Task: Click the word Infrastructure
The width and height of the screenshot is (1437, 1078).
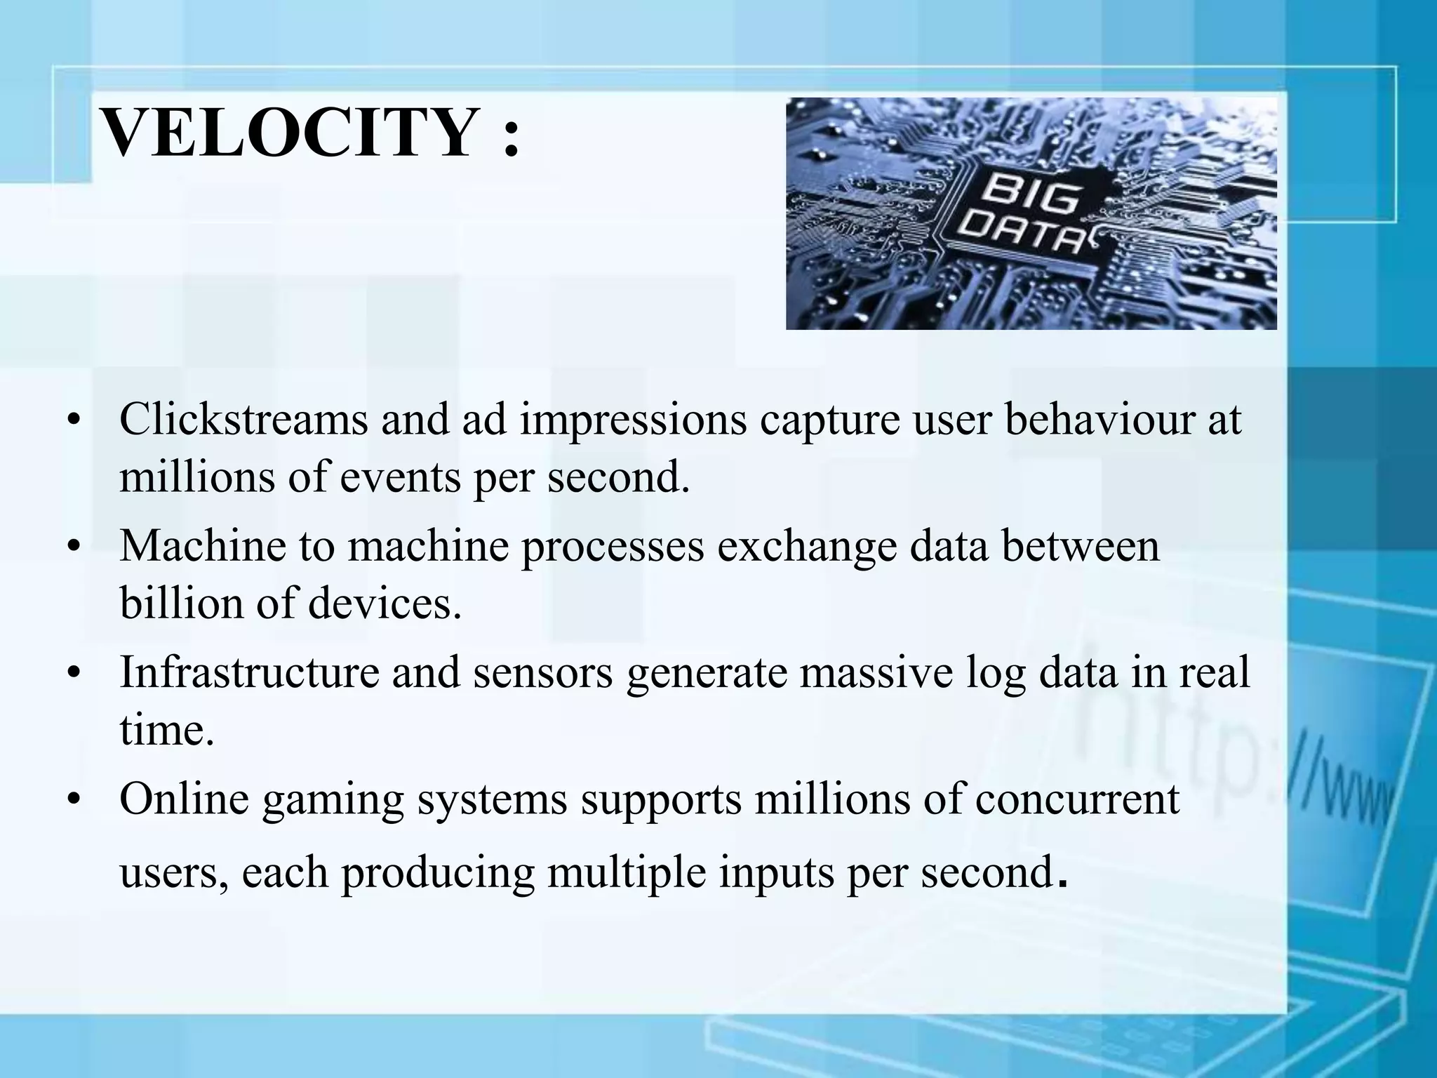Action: click(x=249, y=672)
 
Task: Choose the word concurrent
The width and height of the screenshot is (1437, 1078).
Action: click(x=1077, y=800)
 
